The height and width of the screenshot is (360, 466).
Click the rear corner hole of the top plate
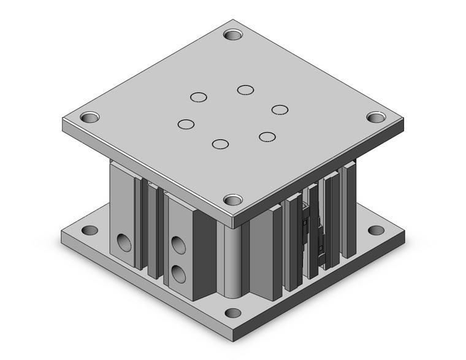point(234,34)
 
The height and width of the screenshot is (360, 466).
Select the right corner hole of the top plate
point(375,117)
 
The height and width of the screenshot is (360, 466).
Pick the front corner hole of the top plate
point(232,199)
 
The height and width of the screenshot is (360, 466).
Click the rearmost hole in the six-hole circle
point(246,90)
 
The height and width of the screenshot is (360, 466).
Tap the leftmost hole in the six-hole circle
point(185,124)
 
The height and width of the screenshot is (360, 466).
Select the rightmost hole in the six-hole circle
point(280,109)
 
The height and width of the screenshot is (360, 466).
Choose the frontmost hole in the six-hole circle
point(220,144)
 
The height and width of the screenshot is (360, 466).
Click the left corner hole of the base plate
point(90,231)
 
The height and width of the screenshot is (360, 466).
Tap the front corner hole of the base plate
point(232,313)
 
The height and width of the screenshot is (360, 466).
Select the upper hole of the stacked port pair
point(179,245)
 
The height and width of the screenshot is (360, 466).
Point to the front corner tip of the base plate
point(233,340)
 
